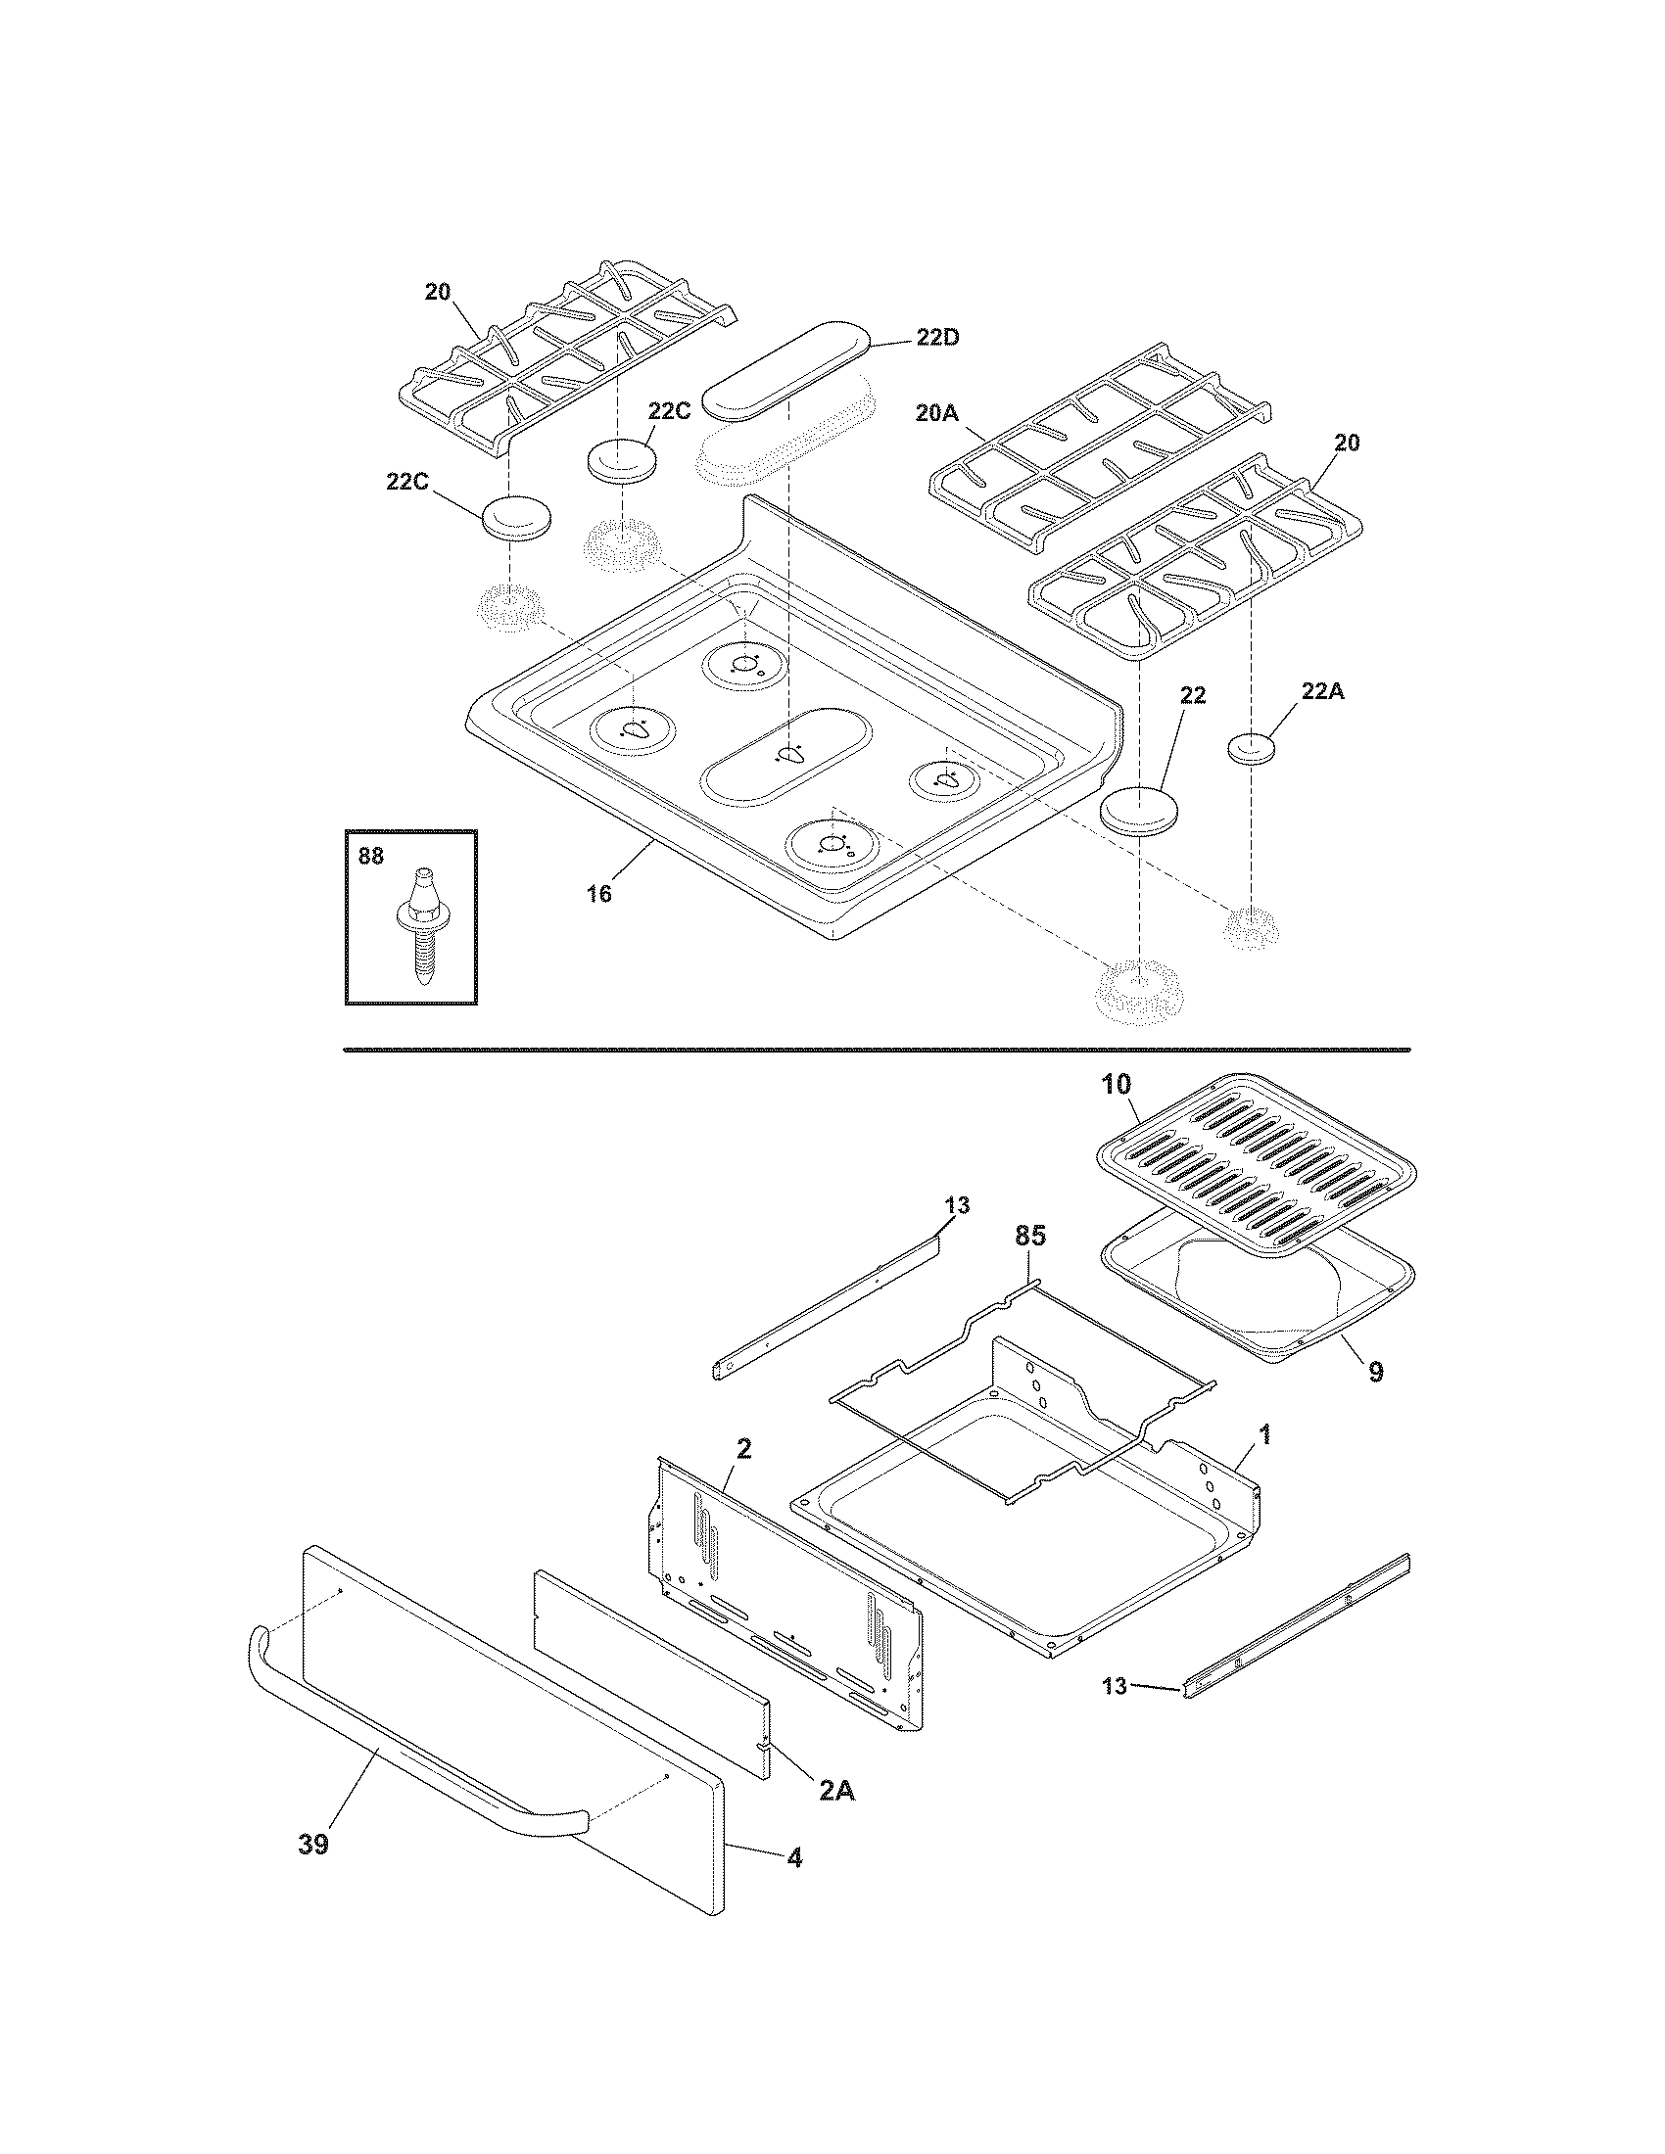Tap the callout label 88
(x=370, y=856)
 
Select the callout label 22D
(x=937, y=338)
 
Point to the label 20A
(x=936, y=413)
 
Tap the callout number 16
(x=598, y=895)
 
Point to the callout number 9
(x=1376, y=1371)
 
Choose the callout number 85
(x=1031, y=1236)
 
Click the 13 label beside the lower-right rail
(x=1114, y=1688)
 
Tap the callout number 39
(x=313, y=1844)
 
